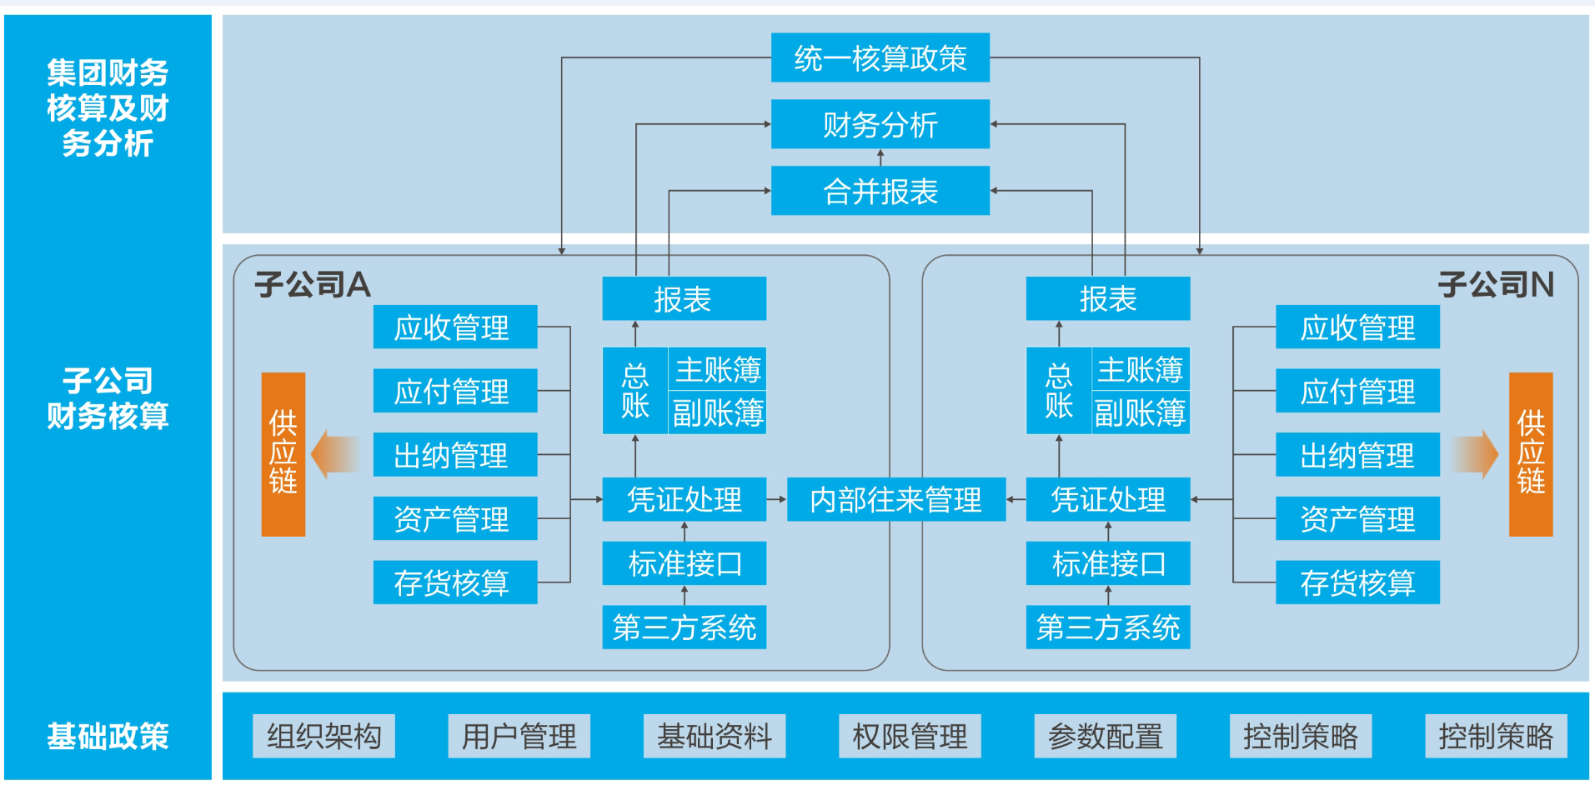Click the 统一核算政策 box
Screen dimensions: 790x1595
click(880, 57)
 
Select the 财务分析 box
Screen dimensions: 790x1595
click(880, 124)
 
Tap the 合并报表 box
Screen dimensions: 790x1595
click(880, 191)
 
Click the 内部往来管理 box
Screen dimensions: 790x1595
click(895, 499)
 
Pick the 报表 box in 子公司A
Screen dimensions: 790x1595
click(684, 298)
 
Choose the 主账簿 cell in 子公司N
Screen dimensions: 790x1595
click(1140, 368)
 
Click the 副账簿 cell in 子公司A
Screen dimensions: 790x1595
click(717, 412)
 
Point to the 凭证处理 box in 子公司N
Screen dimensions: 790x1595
click(1107, 499)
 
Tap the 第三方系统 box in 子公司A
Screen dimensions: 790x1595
click(684, 627)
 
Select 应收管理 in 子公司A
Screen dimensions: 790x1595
click(454, 327)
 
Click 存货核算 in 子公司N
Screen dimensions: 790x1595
click(1357, 582)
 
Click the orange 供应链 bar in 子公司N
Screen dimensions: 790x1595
click(1530, 453)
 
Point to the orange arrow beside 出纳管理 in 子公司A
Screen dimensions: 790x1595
click(335, 454)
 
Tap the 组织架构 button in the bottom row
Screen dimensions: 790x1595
click(324, 736)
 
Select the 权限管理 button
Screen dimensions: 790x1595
click(910, 736)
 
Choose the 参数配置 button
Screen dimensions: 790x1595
click(1105, 736)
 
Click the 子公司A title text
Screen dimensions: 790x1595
click(312, 285)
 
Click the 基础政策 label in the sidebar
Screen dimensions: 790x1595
click(108, 736)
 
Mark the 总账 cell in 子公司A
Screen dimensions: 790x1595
click(634, 390)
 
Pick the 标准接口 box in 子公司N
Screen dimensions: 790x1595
click(1107, 563)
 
